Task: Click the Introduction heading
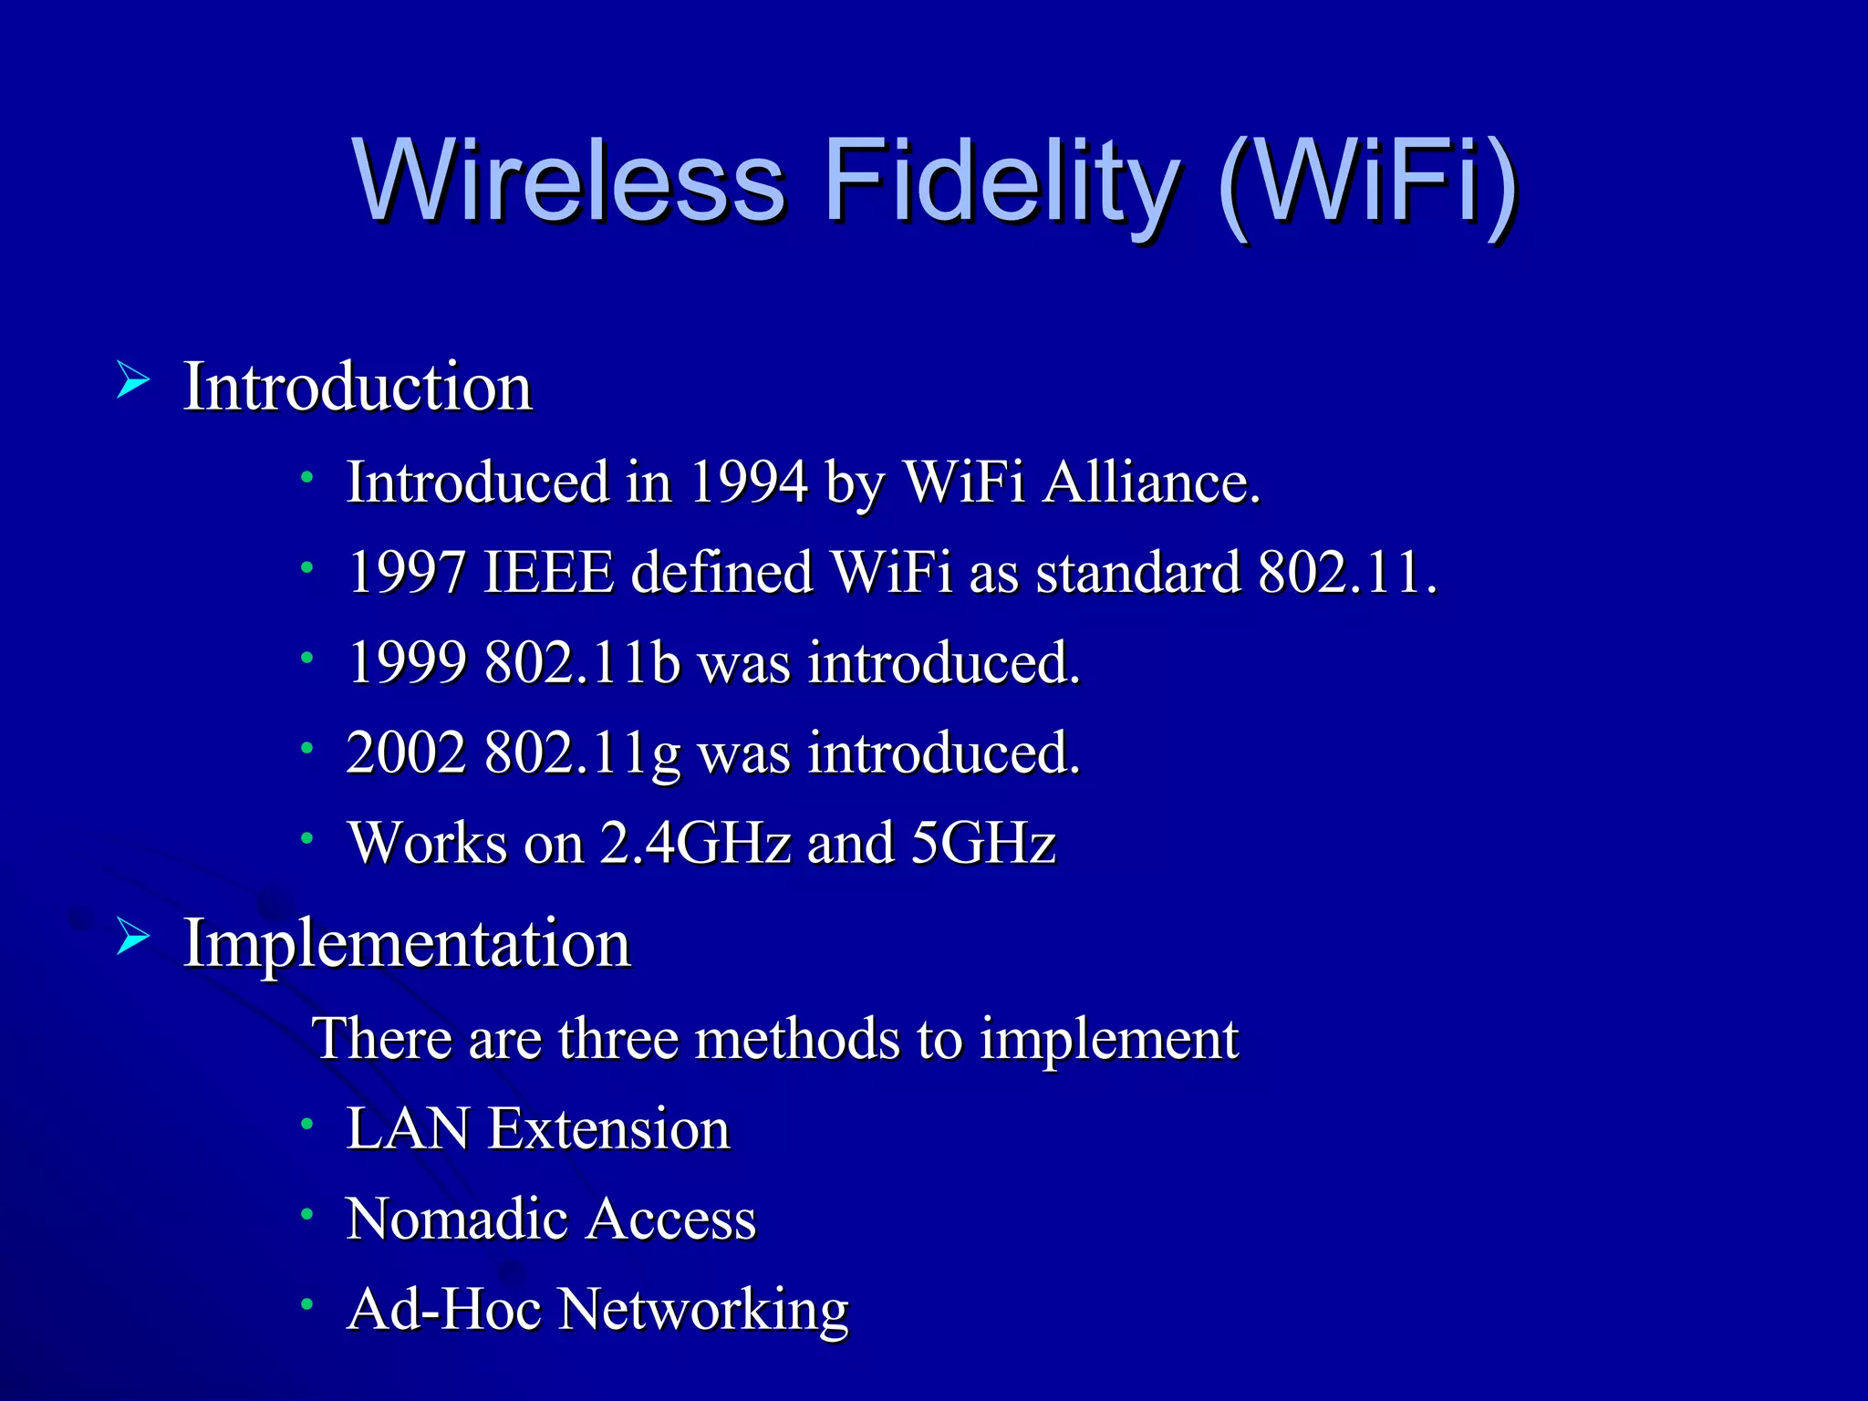(358, 387)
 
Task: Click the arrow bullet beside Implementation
(133, 937)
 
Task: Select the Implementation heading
(407, 943)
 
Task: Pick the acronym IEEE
(548, 573)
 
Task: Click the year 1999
(407, 662)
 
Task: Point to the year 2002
(407, 753)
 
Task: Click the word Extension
(608, 1129)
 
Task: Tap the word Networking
(702, 1310)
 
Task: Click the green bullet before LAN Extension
(308, 1124)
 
